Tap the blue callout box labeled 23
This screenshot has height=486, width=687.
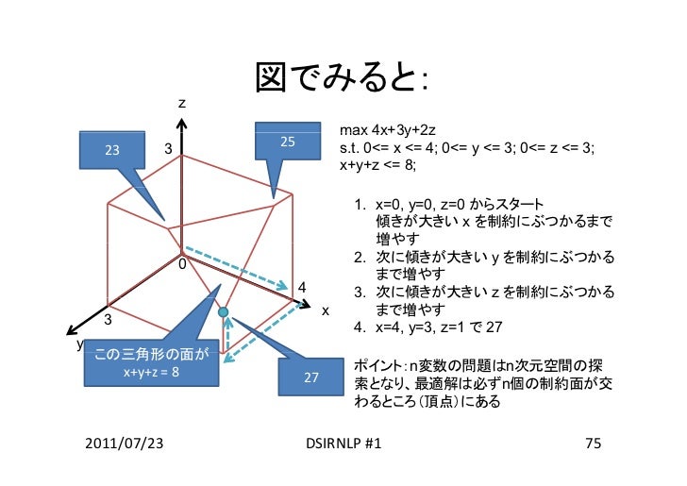point(112,150)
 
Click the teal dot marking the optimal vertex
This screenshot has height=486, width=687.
point(224,311)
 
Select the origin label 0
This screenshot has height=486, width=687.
point(182,264)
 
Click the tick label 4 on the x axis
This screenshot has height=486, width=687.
point(301,287)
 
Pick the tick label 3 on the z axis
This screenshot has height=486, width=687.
point(168,149)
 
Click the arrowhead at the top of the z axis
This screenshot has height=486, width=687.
point(182,124)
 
